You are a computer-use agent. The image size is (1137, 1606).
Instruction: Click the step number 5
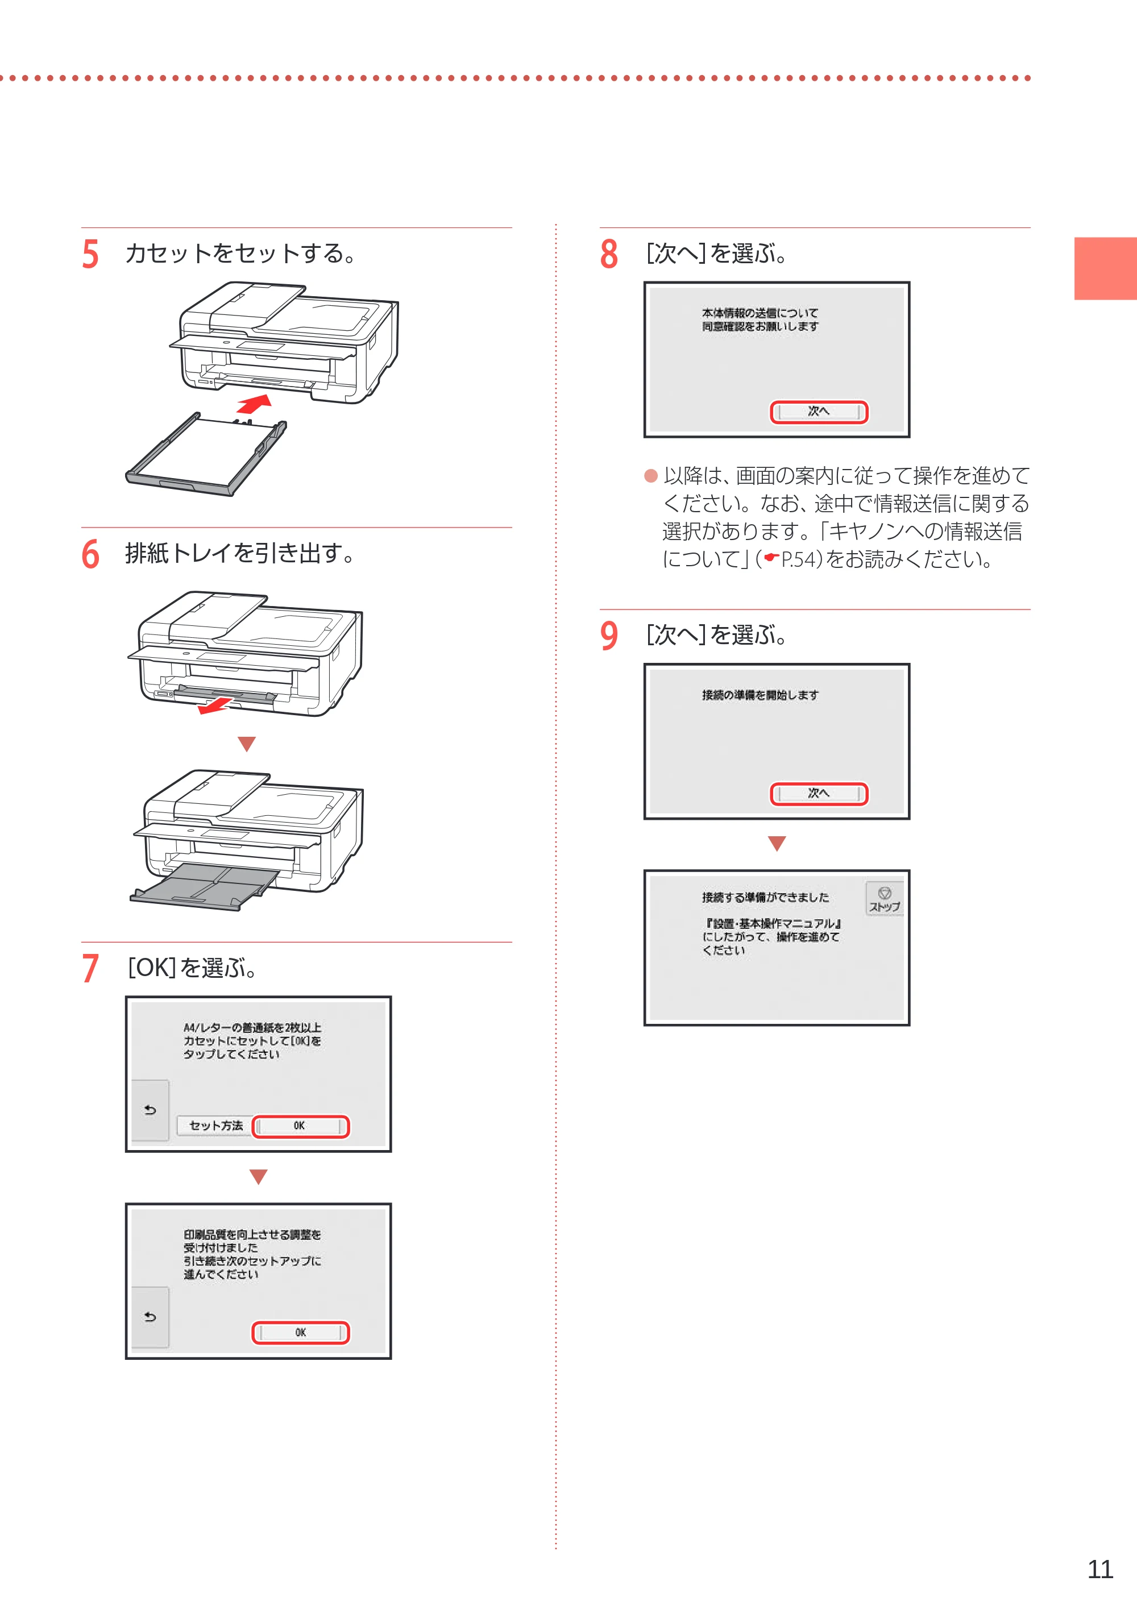[x=90, y=254]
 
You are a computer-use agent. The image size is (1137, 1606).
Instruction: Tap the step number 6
[x=90, y=554]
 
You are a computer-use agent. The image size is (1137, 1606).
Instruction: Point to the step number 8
[x=609, y=254]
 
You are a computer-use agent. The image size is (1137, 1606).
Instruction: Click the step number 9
[x=609, y=636]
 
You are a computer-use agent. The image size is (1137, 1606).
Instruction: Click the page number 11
[x=1101, y=1569]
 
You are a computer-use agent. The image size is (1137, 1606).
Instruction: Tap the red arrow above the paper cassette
[x=254, y=404]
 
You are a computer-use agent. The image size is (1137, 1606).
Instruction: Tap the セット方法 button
[x=215, y=1126]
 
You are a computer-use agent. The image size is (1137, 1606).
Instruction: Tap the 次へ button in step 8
[x=819, y=412]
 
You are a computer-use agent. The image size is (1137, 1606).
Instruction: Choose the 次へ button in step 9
[x=819, y=793]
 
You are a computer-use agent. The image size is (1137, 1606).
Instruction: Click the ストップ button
[x=884, y=898]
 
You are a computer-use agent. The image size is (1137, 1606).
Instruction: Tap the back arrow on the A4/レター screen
[x=150, y=1110]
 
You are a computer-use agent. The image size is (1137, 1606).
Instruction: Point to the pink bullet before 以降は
[x=651, y=476]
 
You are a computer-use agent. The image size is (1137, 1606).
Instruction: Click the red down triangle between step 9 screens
[x=777, y=843]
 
